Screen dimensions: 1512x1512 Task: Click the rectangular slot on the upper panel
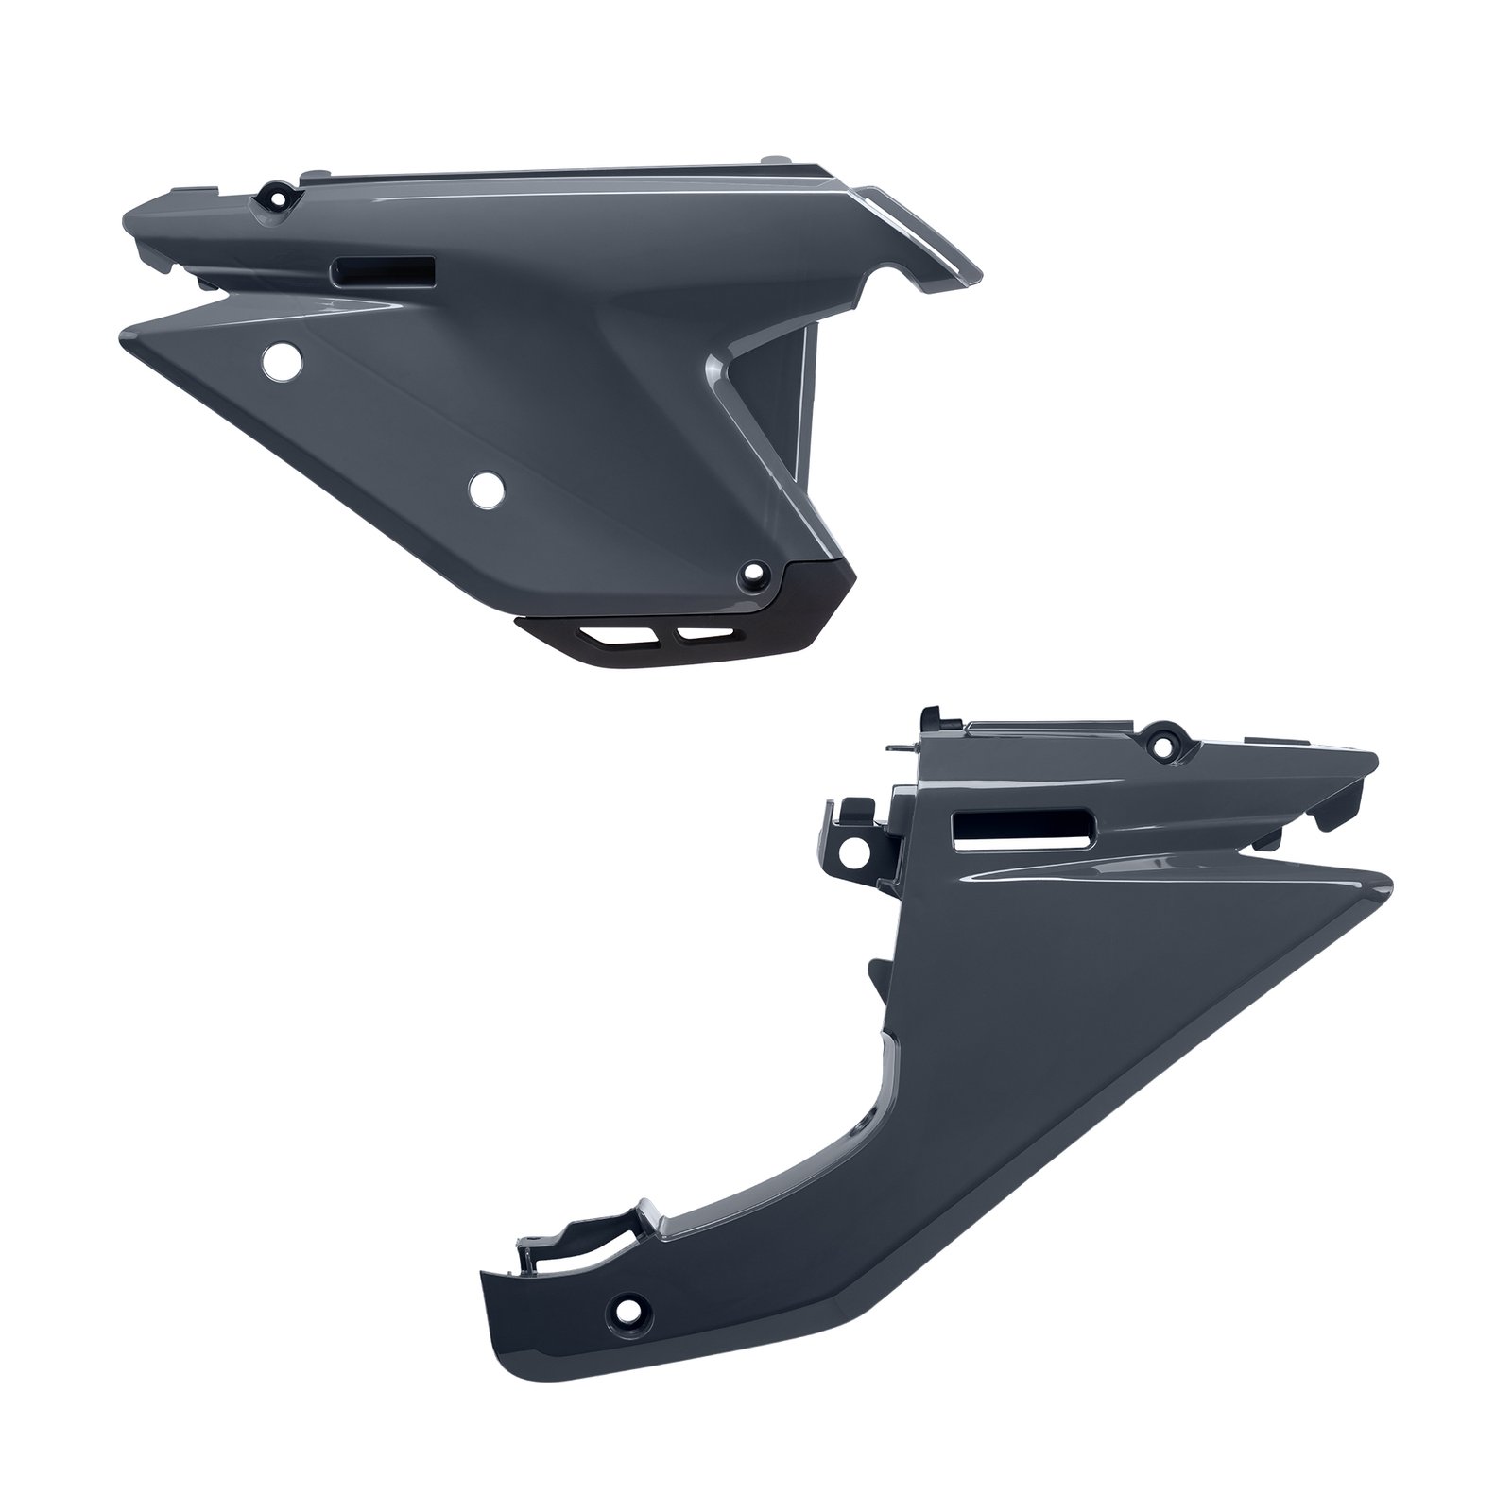(x=382, y=271)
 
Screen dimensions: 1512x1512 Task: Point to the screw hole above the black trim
(x=753, y=571)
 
